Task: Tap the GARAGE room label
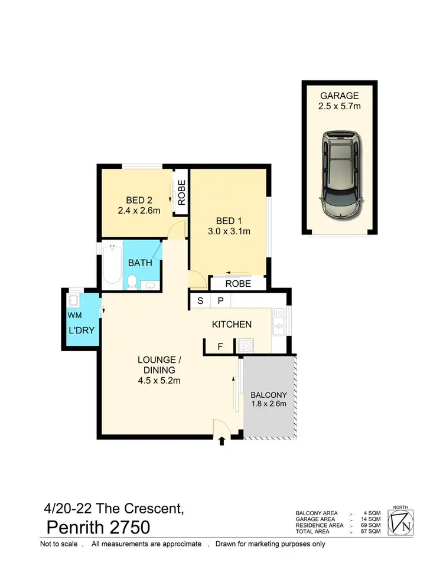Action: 338,96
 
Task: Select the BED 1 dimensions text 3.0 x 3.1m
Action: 229,231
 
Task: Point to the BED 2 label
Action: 139,199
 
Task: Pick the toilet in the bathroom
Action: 133,282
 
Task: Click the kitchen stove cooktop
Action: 245,346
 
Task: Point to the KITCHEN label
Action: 232,324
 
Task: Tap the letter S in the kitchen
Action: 200,300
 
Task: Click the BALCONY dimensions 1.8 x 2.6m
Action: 269,404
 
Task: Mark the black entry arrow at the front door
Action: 221,440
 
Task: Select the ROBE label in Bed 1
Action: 238,284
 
